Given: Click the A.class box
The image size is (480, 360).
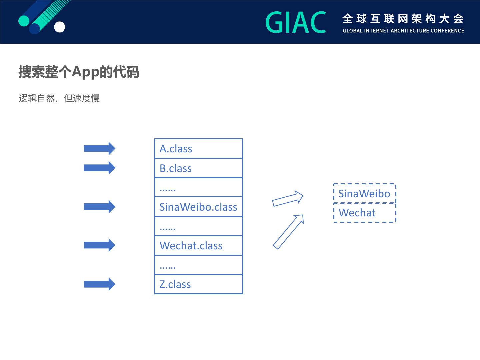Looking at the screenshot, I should (198, 149).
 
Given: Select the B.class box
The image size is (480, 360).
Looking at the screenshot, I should (198, 168).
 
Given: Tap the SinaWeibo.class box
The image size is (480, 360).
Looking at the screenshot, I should (198, 207).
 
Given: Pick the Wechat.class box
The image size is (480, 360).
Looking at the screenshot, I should (198, 246).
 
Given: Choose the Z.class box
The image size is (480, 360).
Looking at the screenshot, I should (198, 284).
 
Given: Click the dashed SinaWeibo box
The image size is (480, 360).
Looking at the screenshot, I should (364, 193).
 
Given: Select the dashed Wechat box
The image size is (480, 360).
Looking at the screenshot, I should (364, 213).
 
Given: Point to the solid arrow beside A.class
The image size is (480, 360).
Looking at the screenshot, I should (99, 148).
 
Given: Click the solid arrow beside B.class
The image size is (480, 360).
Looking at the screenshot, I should (99, 168).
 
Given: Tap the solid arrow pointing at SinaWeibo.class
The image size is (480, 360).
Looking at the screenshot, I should (99, 207).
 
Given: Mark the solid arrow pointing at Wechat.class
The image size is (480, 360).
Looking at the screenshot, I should (99, 245).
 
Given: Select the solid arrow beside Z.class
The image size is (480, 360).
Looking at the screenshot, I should (99, 284).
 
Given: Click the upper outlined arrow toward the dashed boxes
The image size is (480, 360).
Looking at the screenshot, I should (287, 199).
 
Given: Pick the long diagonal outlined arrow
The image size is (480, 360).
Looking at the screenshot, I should (288, 232).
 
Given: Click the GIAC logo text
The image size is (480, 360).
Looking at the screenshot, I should (296, 22).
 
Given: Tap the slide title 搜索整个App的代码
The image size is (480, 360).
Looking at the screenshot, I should (79, 72).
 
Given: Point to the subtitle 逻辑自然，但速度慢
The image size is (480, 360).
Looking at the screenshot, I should (59, 98).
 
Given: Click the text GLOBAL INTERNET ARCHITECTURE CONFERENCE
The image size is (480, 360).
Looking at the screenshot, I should (403, 31).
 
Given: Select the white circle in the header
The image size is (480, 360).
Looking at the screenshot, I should (60, 27).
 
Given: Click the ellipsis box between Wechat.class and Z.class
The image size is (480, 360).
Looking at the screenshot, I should (198, 265).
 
